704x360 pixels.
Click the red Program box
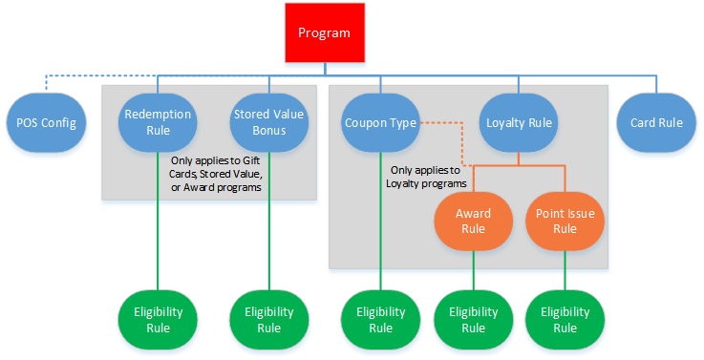click(x=324, y=33)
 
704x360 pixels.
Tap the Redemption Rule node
click(x=158, y=123)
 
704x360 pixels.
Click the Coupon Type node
click(x=380, y=123)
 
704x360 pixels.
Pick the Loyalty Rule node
click(x=519, y=123)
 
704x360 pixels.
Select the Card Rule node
click(x=656, y=123)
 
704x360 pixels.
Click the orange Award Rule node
click(x=474, y=221)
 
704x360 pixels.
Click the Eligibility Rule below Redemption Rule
click(x=158, y=320)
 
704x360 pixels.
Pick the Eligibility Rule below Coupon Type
click(x=380, y=320)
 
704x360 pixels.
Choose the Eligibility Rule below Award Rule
click(x=474, y=320)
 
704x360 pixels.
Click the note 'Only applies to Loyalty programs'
click(x=427, y=177)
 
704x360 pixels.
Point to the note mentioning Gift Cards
click(x=215, y=174)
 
